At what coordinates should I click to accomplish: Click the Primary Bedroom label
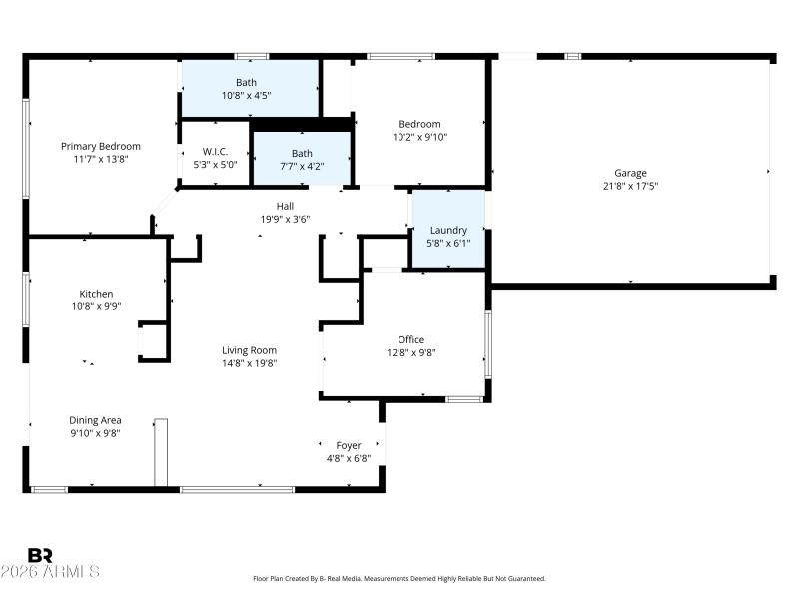pos(100,146)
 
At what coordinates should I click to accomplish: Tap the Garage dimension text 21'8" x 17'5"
pos(630,186)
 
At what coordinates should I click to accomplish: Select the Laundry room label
pos(448,230)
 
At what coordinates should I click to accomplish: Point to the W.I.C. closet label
pos(215,152)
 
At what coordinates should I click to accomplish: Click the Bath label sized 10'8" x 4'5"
pos(246,82)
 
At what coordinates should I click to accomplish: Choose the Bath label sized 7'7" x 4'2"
pos(302,153)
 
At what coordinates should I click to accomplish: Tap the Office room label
pos(411,339)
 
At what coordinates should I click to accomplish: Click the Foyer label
pos(349,445)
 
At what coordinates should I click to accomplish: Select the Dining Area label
pos(95,420)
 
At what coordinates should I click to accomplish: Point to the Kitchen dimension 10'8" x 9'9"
pos(96,306)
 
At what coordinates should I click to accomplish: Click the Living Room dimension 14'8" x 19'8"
pos(249,363)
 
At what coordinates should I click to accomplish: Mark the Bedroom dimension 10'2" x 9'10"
pos(417,138)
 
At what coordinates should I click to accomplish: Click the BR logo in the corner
pos(40,555)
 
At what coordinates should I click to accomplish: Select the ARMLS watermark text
pos(50,572)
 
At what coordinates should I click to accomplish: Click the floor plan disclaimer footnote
pos(399,578)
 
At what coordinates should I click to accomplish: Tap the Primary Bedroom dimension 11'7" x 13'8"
pos(100,159)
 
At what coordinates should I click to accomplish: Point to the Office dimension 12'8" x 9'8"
pos(411,352)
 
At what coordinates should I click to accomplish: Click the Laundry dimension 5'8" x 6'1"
pos(448,243)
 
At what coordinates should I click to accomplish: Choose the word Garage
pos(630,173)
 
